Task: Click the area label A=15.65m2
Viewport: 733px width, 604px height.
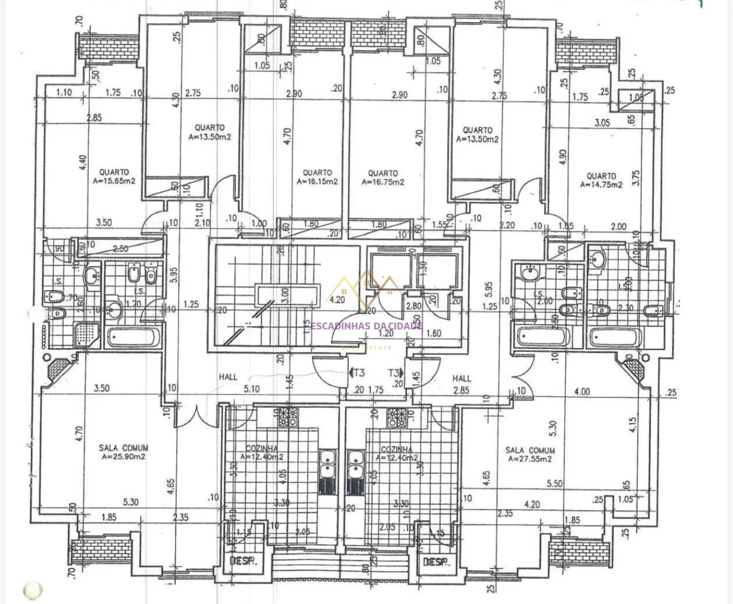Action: [114, 181]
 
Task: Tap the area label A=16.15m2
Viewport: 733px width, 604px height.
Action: [317, 182]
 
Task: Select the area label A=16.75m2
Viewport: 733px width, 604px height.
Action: [383, 182]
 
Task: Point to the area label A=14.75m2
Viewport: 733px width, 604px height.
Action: [602, 185]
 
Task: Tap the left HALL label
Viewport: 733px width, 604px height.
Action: [228, 377]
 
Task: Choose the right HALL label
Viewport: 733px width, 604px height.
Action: [462, 379]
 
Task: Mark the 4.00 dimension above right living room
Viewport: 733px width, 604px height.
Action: [581, 391]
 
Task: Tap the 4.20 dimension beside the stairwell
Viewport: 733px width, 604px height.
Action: [337, 300]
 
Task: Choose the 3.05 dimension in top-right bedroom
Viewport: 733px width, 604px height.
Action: [602, 123]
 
